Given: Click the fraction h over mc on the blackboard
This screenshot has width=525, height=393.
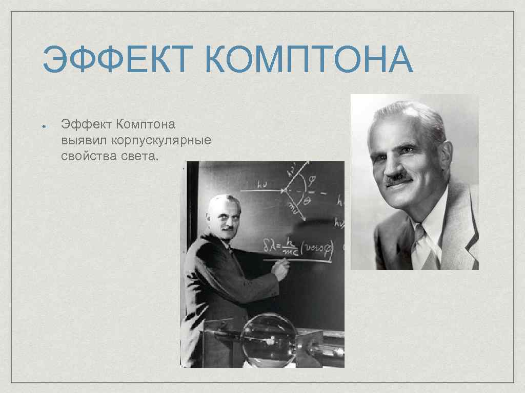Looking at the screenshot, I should click(291, 247).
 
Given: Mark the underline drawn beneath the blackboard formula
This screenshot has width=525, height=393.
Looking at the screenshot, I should click(297, 260).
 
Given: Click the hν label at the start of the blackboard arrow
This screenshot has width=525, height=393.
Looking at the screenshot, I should click(262, 187).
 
